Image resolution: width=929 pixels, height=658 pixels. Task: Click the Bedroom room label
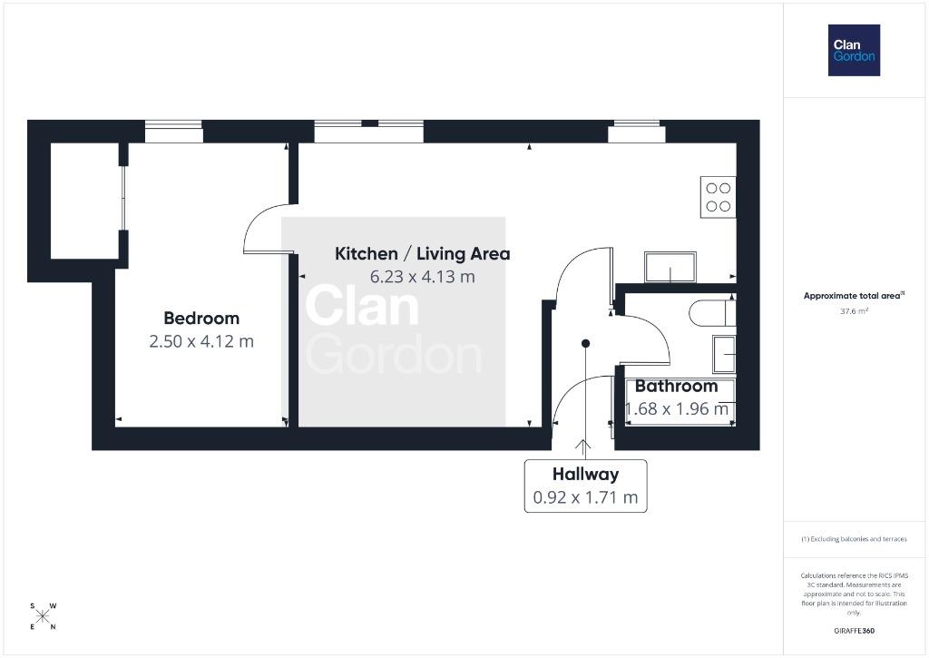pyautogui.click(x=201, y=319)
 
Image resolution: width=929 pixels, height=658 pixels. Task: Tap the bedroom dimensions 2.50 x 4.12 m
pyautogui.click(x=201, y=341)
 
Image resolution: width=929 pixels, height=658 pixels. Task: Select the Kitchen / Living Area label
pyautogui.click(x=423, y=254)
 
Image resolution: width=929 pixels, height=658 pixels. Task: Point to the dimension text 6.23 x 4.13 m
pyautogui.click(x=423, y=277)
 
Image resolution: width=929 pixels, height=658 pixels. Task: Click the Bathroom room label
pyautogui.click(x=676, y=386)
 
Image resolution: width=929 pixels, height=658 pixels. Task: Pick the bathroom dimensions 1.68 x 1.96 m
pyautogui.click(x=677, y=408)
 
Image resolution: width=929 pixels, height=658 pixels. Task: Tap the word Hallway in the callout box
pyautogui.click(x=585, y=475)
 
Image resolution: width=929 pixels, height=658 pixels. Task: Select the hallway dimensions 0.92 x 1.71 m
pyautogui.click(x=585, y=497)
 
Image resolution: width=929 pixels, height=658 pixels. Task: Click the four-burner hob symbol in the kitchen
pyautogui.click(x=719, y=198)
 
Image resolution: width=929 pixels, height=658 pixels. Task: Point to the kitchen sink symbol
pyautogui.click(x=670, y=268)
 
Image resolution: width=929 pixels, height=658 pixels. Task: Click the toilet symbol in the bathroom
pyautogui.click(x=712, y=313)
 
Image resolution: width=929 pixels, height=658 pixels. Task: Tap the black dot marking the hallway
pyautogui.click(x=585, y=343)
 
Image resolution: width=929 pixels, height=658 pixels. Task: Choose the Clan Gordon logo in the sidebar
pyautogui.click(x=854, y=51)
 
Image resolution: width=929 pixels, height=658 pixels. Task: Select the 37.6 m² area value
pyautogui.click(x=854, y=311)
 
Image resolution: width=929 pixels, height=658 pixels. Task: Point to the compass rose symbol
pyautogui.click(x=43, y=616)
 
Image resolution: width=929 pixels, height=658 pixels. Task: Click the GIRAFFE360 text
pyautogui.click(x=854, y=631)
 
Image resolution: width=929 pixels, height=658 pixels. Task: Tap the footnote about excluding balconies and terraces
pyautogui.click(x=854, y=539)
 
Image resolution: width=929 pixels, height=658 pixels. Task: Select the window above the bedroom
pyautogui.click(x=173, y=131)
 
